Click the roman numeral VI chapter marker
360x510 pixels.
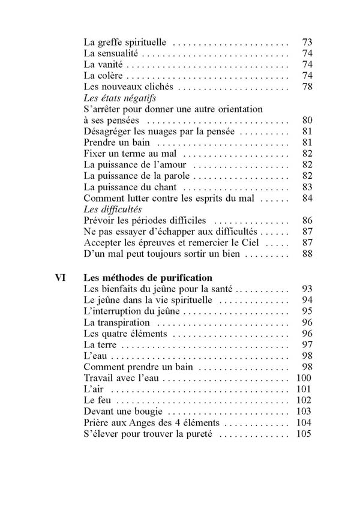[60, 278]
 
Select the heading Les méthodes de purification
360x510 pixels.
[148, 278]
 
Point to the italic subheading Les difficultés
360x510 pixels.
[112, 210]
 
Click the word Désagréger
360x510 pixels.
[109, 131]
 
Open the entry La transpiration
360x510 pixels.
[116, 322]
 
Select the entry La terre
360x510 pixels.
[100, 344]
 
